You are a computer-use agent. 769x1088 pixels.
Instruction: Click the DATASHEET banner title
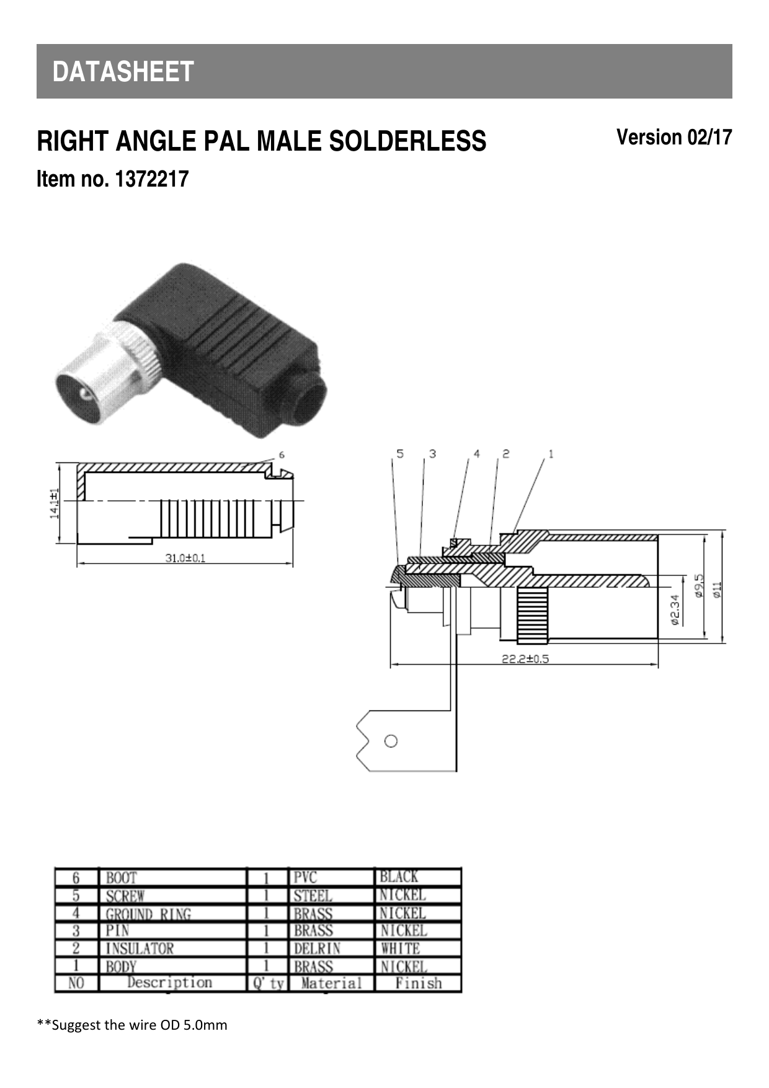[123, 72]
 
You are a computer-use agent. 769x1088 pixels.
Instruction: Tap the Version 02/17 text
[673, 137]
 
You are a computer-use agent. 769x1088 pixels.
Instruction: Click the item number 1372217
[112, 180]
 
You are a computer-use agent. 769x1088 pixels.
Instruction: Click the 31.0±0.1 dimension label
[185, 558]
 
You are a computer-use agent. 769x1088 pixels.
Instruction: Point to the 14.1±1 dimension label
[55, 503]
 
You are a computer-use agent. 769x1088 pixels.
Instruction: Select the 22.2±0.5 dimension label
[525, 659]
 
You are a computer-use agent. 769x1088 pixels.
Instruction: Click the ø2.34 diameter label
[675, 610]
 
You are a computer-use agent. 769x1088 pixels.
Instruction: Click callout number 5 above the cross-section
[400, 454]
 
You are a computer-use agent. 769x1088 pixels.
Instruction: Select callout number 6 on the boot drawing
[282, 454]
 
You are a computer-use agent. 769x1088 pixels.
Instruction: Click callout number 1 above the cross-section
[551, 454]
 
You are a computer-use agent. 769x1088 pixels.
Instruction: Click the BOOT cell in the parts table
[122, 878]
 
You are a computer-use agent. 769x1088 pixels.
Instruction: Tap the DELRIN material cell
[316, 949]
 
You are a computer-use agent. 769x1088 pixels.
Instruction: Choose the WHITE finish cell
[400, 949]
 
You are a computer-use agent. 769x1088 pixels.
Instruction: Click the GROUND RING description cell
[148, 914]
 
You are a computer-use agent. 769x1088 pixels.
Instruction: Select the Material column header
[331, 983]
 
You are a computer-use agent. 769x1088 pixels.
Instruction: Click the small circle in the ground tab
[391, 741]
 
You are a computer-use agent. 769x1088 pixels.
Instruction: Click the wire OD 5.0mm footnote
[132, 1025]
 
